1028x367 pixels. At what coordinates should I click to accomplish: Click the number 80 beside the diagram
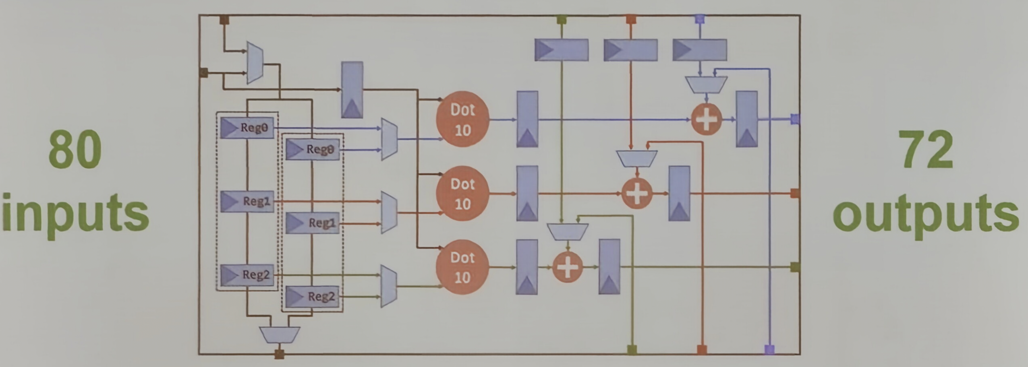tap(75, 150)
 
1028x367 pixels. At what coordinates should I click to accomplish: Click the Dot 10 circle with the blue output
tap(462, 119)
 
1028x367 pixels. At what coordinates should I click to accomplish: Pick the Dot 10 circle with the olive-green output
tap(462, 267)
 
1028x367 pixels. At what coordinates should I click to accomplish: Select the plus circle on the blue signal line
tap(706, 119)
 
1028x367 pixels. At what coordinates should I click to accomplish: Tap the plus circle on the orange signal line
tap(636, 194)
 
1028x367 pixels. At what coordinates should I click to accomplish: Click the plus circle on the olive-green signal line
tap(567, 267)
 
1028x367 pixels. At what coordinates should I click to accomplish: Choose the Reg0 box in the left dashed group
tap(247, 128)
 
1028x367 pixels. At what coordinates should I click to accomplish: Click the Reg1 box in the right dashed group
tap(312, 223)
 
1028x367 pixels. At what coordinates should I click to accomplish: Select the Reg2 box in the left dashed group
tap(247, 275)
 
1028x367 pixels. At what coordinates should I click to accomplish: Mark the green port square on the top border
tap(561, 19)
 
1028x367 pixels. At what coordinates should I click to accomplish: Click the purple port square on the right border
tap(795, 119)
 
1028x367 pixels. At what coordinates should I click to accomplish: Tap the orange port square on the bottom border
tap(702, 349)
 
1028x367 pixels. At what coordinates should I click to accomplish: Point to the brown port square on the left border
tap(204, 73)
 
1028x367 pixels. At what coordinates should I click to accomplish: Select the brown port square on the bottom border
tap(279, 354)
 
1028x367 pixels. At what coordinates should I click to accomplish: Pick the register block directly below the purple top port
tap(700, 50)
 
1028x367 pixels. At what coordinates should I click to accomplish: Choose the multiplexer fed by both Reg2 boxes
tap(389, 286)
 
